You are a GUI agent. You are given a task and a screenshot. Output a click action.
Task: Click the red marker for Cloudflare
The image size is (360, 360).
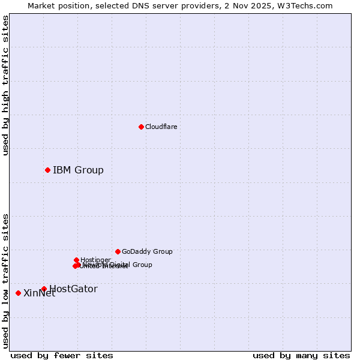[141, 127]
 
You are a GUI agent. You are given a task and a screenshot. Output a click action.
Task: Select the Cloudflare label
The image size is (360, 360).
[161, 127]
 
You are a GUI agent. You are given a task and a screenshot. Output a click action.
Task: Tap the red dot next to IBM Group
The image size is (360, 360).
[47, 170]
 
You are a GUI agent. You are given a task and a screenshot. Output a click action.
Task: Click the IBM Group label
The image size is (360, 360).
[78, 170]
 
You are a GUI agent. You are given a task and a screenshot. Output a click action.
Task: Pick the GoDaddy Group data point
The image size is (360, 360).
[118, 251]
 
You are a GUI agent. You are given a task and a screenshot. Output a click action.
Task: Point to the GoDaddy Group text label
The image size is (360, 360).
[147, 251]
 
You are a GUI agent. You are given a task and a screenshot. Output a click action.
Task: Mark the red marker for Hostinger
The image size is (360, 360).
[76, 260]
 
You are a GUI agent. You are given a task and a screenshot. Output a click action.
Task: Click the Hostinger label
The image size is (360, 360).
[95, 260]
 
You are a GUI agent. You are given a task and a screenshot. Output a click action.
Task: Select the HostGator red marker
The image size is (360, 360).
[44, 289]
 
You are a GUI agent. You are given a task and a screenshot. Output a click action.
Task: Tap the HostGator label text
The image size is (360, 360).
[73, 289]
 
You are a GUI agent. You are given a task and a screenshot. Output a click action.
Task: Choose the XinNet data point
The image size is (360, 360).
[18, 293]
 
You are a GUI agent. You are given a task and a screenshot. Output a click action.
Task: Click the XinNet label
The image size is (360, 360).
[39, 293]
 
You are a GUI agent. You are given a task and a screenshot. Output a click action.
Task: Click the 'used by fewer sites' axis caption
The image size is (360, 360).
[62, 355]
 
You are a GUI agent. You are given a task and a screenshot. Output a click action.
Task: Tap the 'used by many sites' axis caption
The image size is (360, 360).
[301, 355]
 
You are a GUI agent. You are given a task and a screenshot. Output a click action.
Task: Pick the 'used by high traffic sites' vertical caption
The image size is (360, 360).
[5, 85]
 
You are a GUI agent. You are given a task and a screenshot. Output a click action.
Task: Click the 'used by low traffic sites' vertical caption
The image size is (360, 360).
[5, 280]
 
